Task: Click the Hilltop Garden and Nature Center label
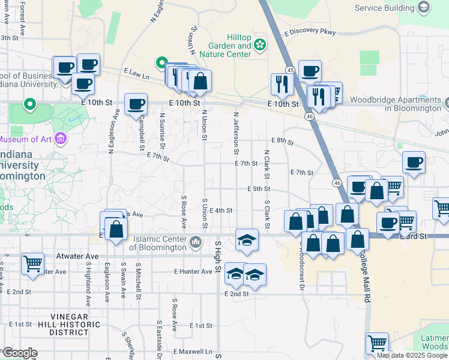(229, 46)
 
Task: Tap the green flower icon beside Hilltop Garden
(260, 44)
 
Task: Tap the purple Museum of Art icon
(59, 140)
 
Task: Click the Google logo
(20, 352)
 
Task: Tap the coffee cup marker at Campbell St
(136, 104)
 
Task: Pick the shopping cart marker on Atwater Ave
(32, 263)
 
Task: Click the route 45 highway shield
(289, 70)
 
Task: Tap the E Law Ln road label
(136, 73)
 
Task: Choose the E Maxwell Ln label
(193, 351)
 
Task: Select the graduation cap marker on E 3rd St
(247, 239)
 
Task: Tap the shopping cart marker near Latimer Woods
(377, 343)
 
